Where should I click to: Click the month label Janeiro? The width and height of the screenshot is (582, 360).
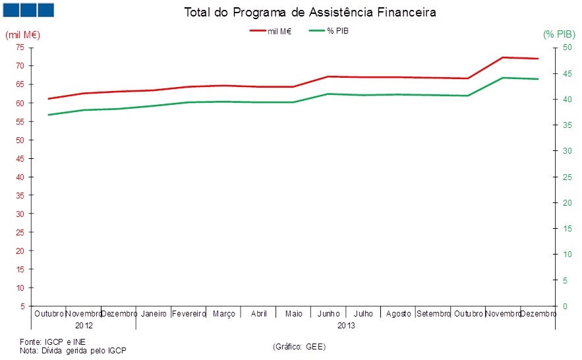[x=154, y=314]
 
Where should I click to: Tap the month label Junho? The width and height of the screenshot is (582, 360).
[x=329, y=314]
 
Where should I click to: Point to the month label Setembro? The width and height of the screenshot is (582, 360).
[x=433, y=314]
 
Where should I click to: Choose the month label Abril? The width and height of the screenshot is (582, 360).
[x=259, y=314]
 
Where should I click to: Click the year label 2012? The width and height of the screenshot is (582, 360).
[x=84, y=326]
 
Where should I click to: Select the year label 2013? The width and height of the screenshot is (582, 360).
[x=346, y=326]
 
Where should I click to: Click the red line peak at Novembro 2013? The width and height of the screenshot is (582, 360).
[x=503, y=57]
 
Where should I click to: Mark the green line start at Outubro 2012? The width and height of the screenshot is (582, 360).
[x=49, y=115]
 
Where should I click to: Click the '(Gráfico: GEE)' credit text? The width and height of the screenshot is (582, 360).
[x=299, y=346]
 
